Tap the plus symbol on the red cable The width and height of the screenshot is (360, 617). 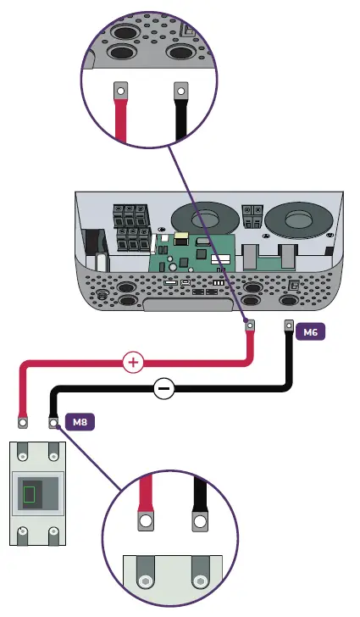point(133,363)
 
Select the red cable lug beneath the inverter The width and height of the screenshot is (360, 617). point(250,325)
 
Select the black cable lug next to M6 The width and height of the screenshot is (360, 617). point(288,325)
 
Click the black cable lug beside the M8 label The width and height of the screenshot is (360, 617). point(53,421)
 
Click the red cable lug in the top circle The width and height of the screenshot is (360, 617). point(120,90)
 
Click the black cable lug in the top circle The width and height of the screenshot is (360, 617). point(180,90)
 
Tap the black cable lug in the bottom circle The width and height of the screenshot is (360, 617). point(201,520)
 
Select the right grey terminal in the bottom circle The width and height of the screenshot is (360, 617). point(200,581)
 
